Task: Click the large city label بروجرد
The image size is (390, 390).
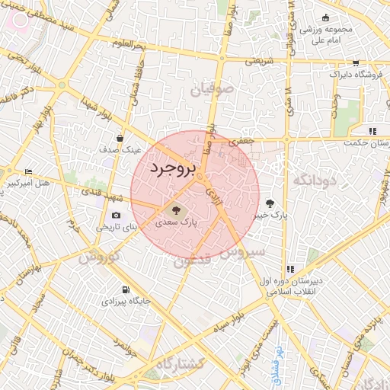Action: click(x=172, y=168)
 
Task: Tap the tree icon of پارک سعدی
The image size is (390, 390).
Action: click(x=177, y=208)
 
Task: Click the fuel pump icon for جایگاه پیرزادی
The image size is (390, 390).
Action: click(x=126, y=289)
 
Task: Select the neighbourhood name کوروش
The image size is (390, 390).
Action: click(x=99, y=257)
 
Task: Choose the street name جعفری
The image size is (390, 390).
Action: click(x=244, y=140)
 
